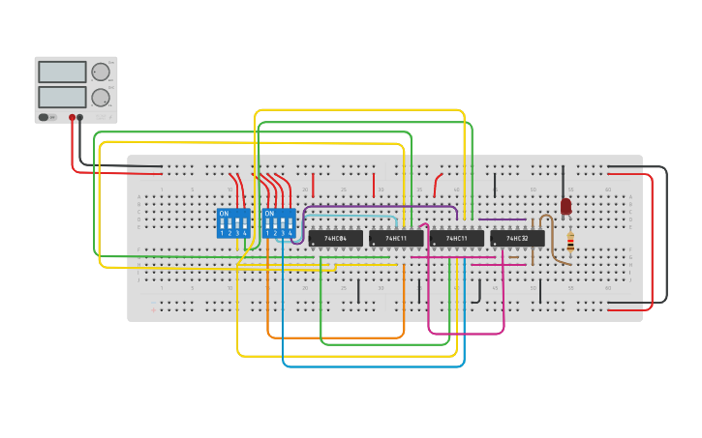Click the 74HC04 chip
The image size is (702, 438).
click(335, 238)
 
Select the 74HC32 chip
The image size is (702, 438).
click(517, 238)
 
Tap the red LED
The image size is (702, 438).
click(565, 206)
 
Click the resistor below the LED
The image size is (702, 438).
click(570, 243)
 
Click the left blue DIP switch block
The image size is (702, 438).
click(232, 223)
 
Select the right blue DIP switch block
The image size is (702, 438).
click(278, 223)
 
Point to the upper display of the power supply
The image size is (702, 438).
click(62, 72)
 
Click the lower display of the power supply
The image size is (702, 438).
click(62, 97)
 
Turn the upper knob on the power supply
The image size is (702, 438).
click(101, 72)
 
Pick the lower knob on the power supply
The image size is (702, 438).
click(101, 97)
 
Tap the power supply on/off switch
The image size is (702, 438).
click(44, 117)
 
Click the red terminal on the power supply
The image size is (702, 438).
click(72, 117)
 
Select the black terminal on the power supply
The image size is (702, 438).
click(80, 117)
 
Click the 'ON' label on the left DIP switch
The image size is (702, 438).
click(224, 213)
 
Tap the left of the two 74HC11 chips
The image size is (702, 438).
click(396, 238)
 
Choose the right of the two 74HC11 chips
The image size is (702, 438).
click(456, 238)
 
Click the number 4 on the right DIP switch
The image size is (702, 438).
click(290, 233)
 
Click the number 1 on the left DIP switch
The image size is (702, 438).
click(222, 233)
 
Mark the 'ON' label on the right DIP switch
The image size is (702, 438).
click(269, 213)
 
